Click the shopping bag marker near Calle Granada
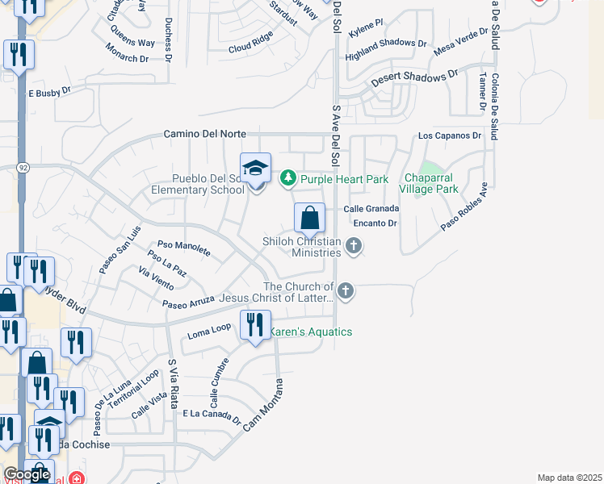(309, 218)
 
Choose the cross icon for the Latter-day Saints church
(346, 290)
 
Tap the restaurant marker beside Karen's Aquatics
(256, 325)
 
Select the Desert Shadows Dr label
(414, 78)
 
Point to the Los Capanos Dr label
(449, 136)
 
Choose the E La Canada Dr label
(212, 415)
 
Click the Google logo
(26, 474)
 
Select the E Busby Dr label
(50, 94)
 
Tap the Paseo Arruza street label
(188, 302)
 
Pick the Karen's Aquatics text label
(310, 332)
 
